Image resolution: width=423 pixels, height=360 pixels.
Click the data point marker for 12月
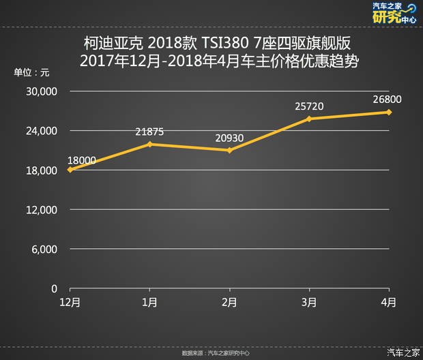pyautogui.click(x=70, y=170)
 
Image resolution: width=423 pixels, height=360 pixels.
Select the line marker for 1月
pyautogui.click(x=149, y=144)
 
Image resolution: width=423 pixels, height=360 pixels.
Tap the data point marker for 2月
pyautogui.click(x=229, y=150)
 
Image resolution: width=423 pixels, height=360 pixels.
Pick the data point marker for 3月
pyautogui.click(x=309, y=119)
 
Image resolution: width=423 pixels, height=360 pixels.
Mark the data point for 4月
pyautogui.click(x=389, y=112)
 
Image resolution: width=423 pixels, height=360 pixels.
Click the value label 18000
pyautogui.click(x=82, y=161)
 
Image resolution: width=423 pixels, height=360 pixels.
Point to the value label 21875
pyautogui.click(x=149, y=132)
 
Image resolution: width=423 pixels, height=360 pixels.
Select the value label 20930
pyautogui.click(x=229, y=138)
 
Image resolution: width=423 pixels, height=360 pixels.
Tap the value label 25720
pyautogui.click(x=309, y=106)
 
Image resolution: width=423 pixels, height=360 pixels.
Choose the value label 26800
pyautogui.click(x=387, y=100)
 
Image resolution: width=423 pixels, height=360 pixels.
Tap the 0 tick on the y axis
pyautogui.click(x=54, y=289)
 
